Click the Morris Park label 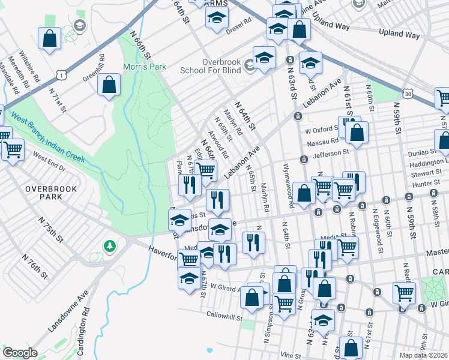(145, 67)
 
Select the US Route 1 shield (61, 73)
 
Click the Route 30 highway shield (408, 94)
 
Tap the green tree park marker (110, 246)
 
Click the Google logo (20, 353)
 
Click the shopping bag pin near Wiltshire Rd (49, 38)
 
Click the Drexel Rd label (237, 31)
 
